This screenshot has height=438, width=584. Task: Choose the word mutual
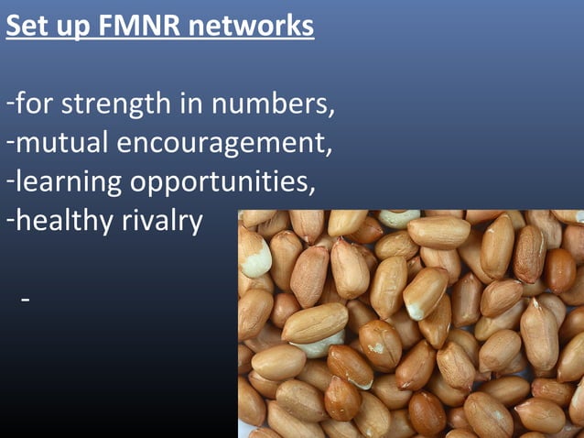point(56,144)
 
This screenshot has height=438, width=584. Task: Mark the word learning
point(69,183)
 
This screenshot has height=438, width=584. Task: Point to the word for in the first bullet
point(34,105)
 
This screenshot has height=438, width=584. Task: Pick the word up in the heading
point(71,28)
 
